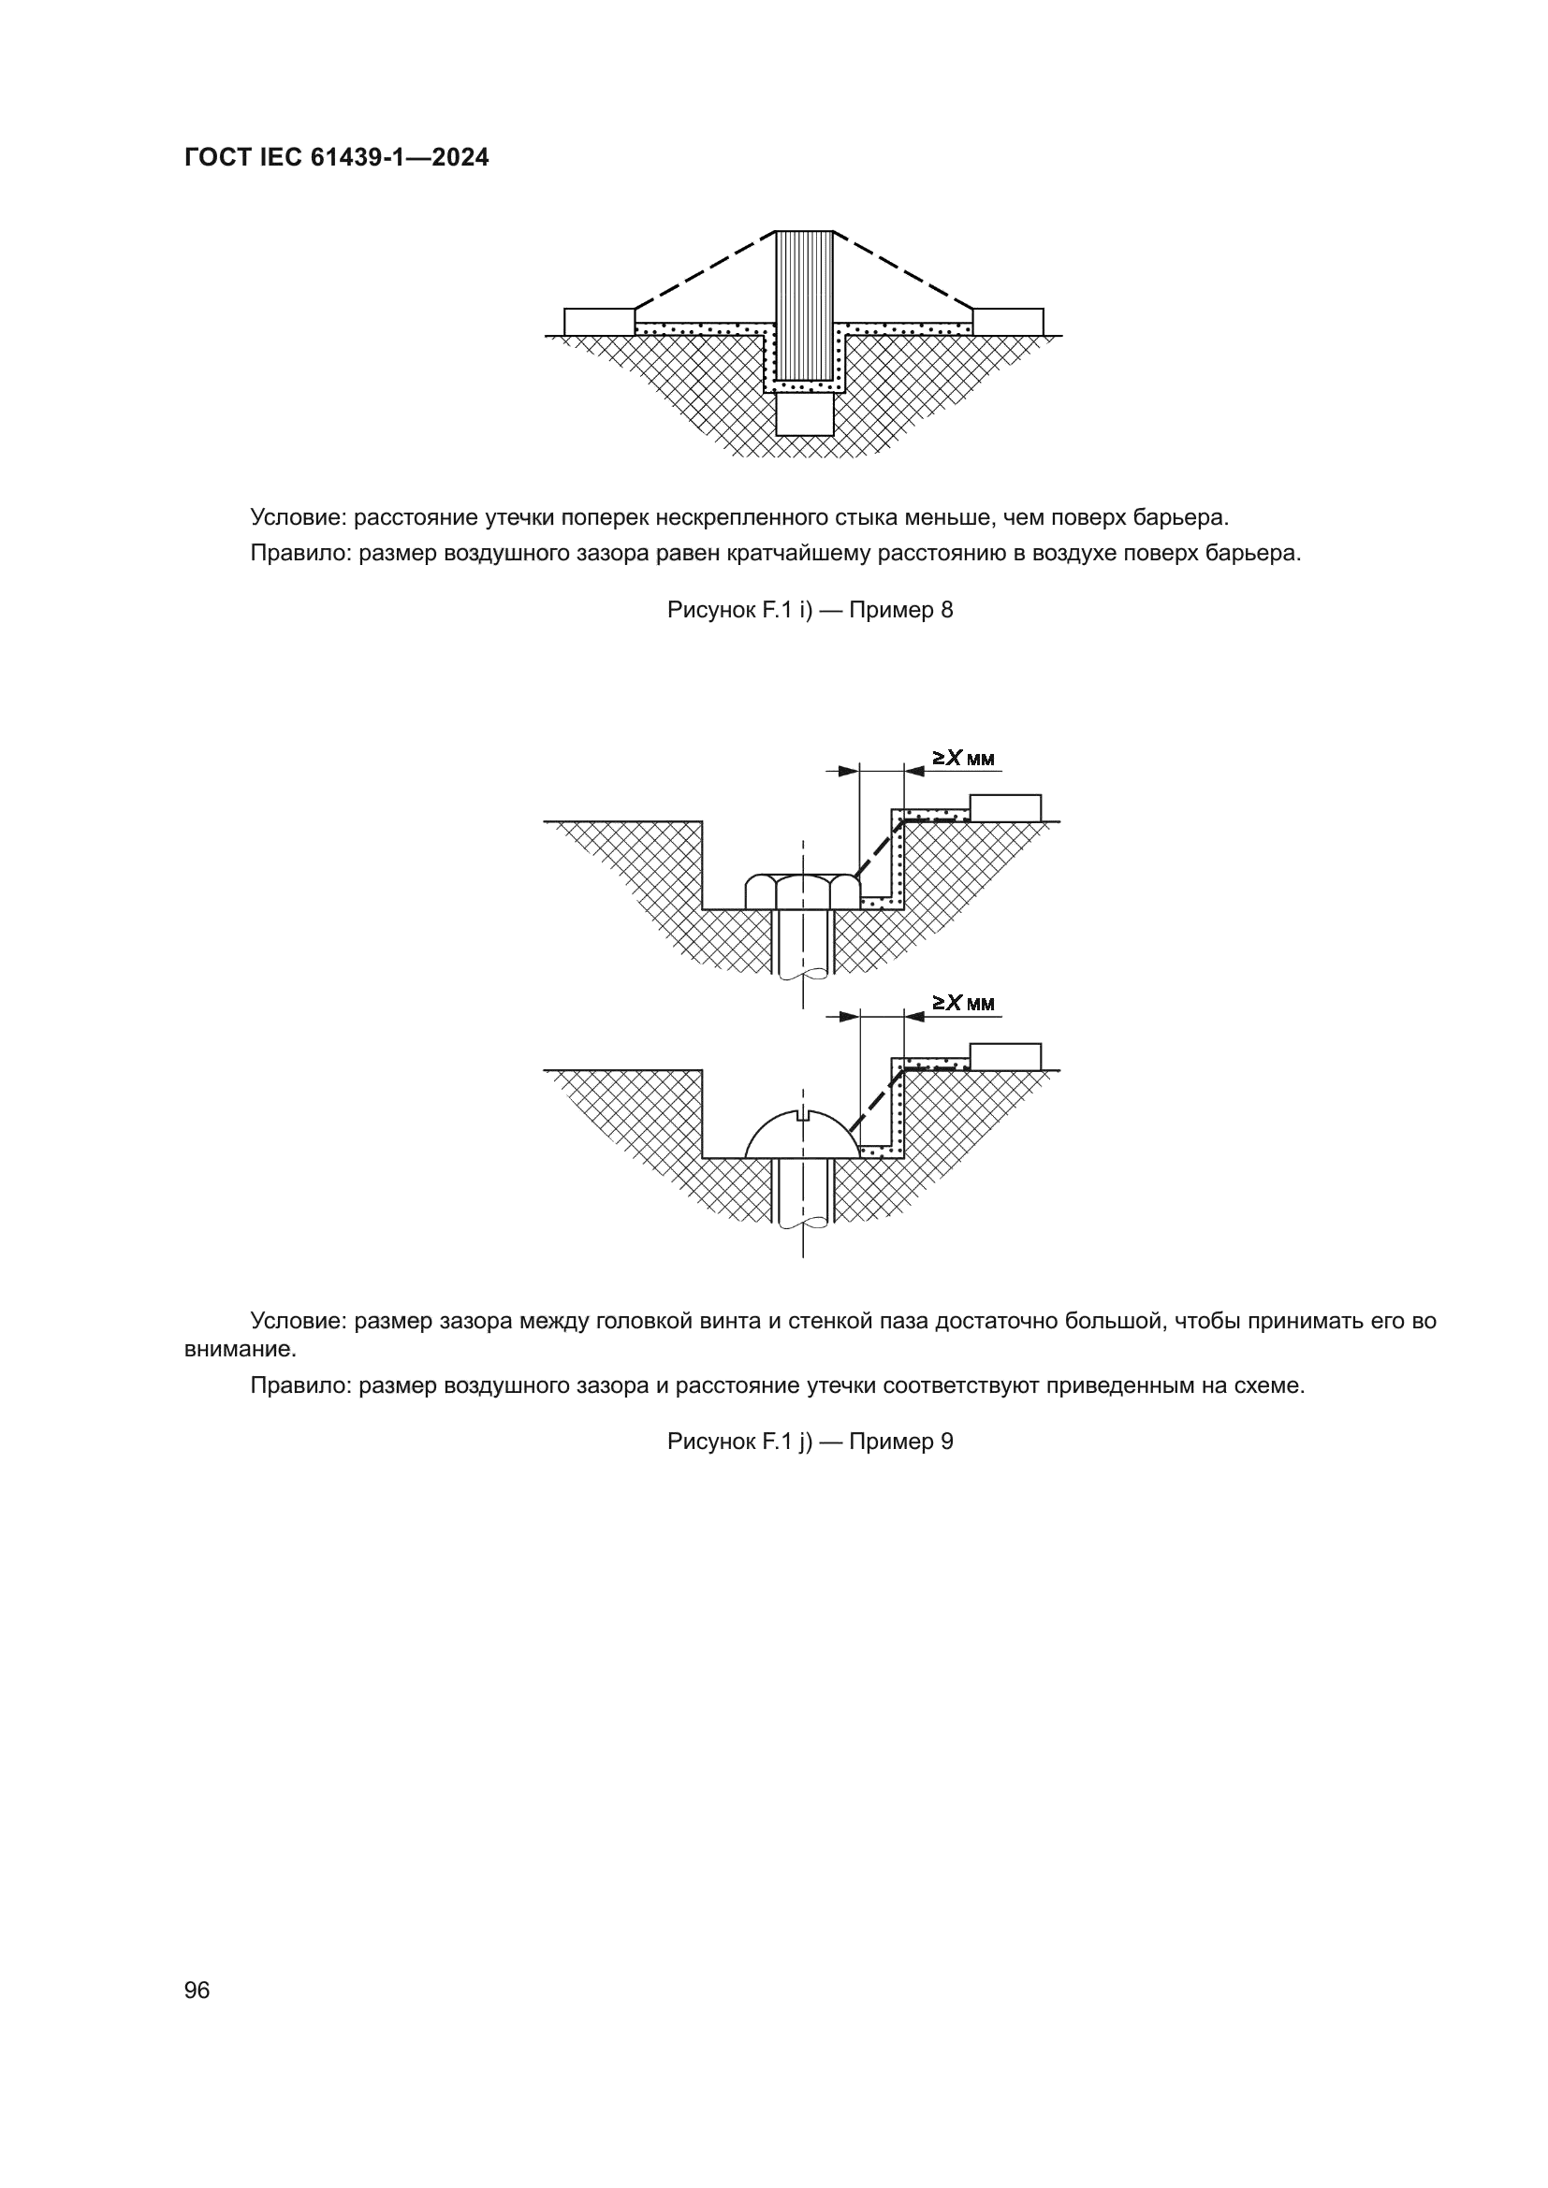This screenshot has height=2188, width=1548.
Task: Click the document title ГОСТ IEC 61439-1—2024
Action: tap(337, 157)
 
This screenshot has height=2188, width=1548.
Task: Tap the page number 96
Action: tap(197, 1990)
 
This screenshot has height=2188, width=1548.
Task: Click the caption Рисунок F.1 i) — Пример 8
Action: tap(810, 610)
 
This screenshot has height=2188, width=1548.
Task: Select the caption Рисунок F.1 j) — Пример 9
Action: tap(810, 1441)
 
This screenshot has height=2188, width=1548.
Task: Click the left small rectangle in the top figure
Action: tap(599, 321)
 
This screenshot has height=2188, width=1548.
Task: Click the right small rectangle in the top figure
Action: tap(1008, 321)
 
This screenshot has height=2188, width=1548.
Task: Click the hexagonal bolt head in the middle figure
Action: tap(803, 892)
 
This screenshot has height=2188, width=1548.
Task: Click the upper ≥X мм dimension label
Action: tap(963, 759)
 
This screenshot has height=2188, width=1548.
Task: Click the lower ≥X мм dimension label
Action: tap(963, 1003)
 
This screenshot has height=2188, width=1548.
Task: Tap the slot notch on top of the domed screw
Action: tap(803, 1114)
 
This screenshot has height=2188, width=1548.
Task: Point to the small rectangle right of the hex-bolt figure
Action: tap(1004, 807)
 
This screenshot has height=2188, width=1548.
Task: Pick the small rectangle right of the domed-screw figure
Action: tap(1004, 1056)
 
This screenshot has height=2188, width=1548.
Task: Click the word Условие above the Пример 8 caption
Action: tap(299, 517)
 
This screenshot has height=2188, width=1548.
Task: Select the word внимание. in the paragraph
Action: tap(241, 1349)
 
